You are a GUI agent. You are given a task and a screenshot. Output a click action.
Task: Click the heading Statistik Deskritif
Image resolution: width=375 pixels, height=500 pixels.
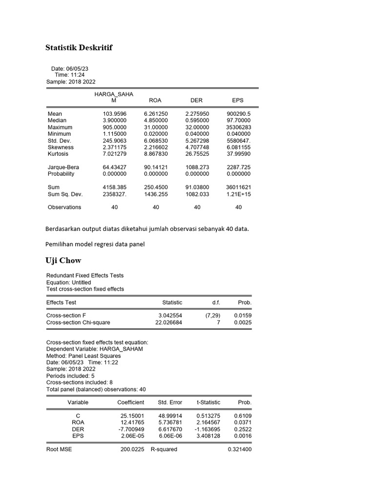79,47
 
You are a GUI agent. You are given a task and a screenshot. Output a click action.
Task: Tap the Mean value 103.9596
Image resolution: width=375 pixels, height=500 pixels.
114,114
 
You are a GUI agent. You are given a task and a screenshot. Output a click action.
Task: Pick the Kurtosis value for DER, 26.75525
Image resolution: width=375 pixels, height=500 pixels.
197,154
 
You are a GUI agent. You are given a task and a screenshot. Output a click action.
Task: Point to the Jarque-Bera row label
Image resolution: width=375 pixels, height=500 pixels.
63,167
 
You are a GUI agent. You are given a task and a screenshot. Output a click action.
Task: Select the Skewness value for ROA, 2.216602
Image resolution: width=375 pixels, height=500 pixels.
156,147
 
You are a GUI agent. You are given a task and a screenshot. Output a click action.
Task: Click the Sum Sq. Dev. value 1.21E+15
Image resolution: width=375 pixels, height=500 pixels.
238,194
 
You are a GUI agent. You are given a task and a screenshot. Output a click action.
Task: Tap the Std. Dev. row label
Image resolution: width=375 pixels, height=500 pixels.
60,141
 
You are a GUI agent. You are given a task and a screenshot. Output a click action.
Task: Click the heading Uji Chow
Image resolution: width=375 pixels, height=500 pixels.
63,260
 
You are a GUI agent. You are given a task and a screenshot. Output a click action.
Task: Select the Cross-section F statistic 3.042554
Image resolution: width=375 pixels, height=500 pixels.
167,315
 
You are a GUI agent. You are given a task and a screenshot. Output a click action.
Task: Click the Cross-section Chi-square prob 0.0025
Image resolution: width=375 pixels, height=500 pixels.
243,322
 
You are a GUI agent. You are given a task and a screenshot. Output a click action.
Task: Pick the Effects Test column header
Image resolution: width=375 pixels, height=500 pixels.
61,302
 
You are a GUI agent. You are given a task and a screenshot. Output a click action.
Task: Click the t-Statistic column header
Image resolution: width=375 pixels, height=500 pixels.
208,402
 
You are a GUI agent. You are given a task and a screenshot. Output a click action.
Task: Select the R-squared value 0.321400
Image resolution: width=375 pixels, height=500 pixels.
239,449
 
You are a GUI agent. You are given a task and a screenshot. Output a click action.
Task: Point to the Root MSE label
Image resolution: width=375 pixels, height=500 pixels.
59,449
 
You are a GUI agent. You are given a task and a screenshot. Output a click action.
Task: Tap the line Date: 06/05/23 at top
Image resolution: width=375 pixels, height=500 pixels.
69,69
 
